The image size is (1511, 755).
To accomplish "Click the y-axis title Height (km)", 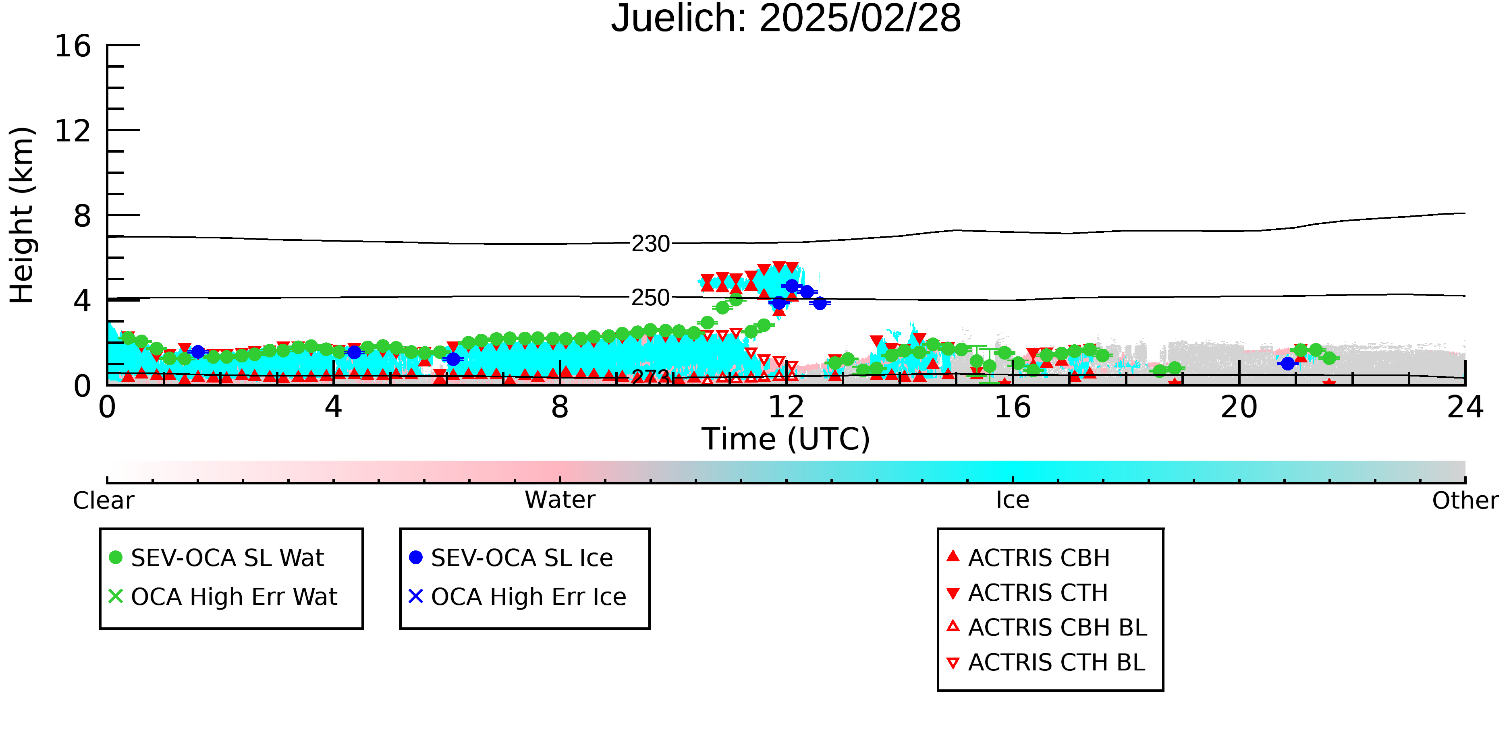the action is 22,215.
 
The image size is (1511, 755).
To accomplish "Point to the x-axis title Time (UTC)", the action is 786,439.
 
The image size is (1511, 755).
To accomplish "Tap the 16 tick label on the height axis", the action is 73,46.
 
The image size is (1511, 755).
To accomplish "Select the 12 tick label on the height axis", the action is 73,131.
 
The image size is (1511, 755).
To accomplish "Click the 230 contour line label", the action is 650,244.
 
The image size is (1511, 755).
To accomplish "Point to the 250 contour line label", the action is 650,298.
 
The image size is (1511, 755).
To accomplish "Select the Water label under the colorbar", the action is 560,500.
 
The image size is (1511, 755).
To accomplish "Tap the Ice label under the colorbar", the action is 1013,500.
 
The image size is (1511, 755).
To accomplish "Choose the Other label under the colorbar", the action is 1465,501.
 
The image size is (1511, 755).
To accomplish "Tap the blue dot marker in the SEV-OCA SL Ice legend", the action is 416,557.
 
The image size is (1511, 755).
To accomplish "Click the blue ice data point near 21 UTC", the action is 1287,364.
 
